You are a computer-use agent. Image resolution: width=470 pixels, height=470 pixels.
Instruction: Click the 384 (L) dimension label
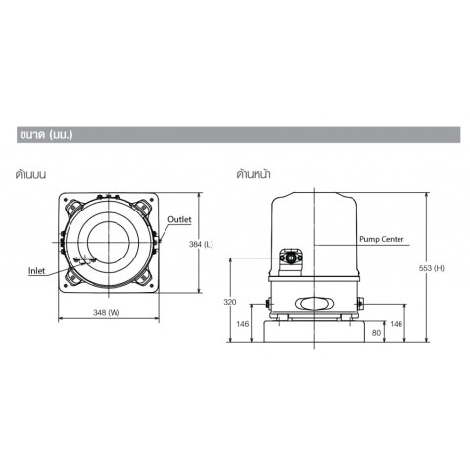(x=201, y=244)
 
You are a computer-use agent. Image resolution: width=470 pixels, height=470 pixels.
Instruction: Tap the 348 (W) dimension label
(x=107, y=313)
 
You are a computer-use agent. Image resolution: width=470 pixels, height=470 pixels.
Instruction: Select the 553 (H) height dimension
(x=432, y=268)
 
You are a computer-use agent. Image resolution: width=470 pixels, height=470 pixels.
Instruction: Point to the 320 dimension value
(x=230, y=302)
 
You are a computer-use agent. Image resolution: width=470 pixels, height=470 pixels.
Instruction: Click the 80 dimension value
(x=376, y=333)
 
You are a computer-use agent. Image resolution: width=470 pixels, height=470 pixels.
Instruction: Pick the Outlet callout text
(x=179, y=219)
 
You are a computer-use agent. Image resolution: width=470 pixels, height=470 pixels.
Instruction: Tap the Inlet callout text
(x=36, y=271)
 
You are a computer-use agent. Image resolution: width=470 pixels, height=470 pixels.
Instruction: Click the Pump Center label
(x=382, y=239)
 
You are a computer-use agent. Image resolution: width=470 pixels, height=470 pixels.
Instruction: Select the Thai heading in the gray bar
(x=46, y=135)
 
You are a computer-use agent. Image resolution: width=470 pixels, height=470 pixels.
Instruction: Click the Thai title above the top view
(x=30, y=174)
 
